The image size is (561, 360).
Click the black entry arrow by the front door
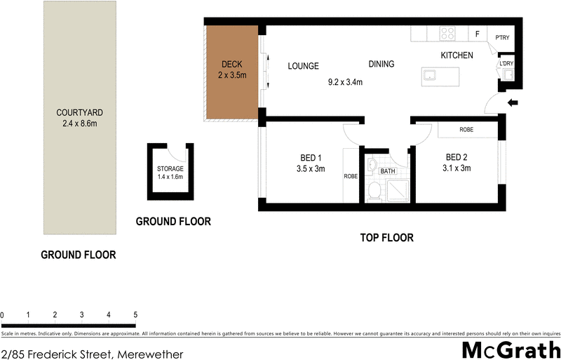513,104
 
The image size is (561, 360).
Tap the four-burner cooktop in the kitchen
447,32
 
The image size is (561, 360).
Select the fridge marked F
477,33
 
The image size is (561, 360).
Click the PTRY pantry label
502,37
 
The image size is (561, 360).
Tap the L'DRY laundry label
506,64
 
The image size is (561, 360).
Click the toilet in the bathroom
374,190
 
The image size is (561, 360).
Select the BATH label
387,171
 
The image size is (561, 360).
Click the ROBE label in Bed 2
466,130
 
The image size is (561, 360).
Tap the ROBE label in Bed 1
350,176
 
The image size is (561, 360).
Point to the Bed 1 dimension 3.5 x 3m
311,168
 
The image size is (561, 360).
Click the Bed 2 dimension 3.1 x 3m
457,168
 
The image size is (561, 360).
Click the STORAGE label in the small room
170,168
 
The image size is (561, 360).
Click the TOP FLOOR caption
386,238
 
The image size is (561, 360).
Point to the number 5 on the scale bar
135,314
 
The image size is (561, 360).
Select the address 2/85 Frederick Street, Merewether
92,354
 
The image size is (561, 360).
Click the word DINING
381,64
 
